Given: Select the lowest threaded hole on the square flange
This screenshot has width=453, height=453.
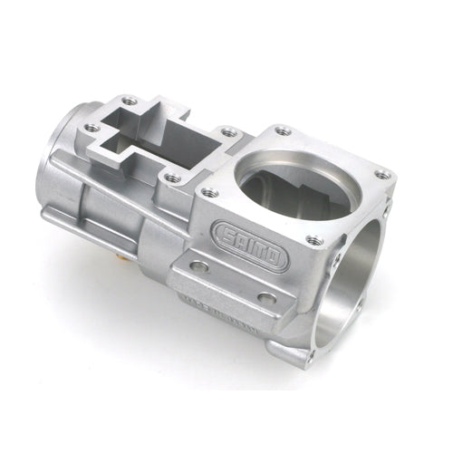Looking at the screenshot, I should coord(314,240).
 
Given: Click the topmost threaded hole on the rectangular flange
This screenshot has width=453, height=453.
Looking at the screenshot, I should coord(130,101).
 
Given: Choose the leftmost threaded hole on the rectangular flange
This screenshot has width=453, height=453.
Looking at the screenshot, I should coord(92,129).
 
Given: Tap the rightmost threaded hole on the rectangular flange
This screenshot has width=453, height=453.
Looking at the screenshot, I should coord(229,132).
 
